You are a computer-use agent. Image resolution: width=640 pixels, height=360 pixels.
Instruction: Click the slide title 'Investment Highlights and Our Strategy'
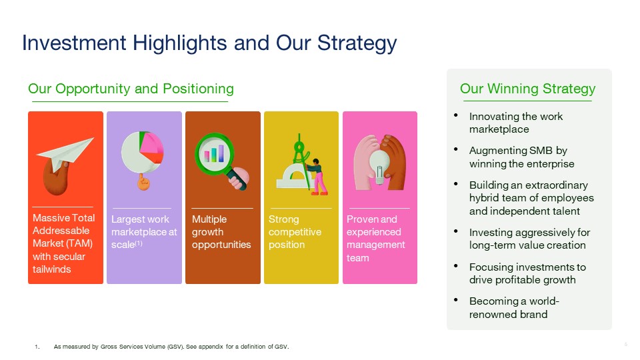(x=209, y=43)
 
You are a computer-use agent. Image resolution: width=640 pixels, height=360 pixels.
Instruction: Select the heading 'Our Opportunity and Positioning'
(x=131, y=89)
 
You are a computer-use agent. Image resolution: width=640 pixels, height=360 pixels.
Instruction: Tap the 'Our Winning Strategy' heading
(x=527, y=89)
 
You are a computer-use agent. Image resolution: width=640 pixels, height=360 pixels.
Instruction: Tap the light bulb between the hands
(x=379, y=163)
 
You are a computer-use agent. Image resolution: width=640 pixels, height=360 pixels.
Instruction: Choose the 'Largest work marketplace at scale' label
(x=144, y=232)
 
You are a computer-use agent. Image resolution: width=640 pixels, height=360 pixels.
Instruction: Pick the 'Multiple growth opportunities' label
(x=221, y=232)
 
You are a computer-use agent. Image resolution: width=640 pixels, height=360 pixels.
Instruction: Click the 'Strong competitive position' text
(x=295, y=232)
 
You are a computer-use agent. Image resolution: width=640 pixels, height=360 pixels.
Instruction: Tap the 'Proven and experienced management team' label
(x=376, y=238)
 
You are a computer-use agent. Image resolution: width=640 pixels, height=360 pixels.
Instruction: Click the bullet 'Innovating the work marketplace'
(x=515, y=123)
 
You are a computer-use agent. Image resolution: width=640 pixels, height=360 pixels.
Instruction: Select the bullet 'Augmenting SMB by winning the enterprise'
(x=521, y=157)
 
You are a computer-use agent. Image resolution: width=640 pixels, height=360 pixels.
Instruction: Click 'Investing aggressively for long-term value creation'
(x=529, y=239)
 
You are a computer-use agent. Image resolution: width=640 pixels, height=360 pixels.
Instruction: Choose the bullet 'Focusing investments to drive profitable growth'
(x=527, y=273)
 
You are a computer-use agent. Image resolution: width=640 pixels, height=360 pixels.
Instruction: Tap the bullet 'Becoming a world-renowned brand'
(x=515, y=307)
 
